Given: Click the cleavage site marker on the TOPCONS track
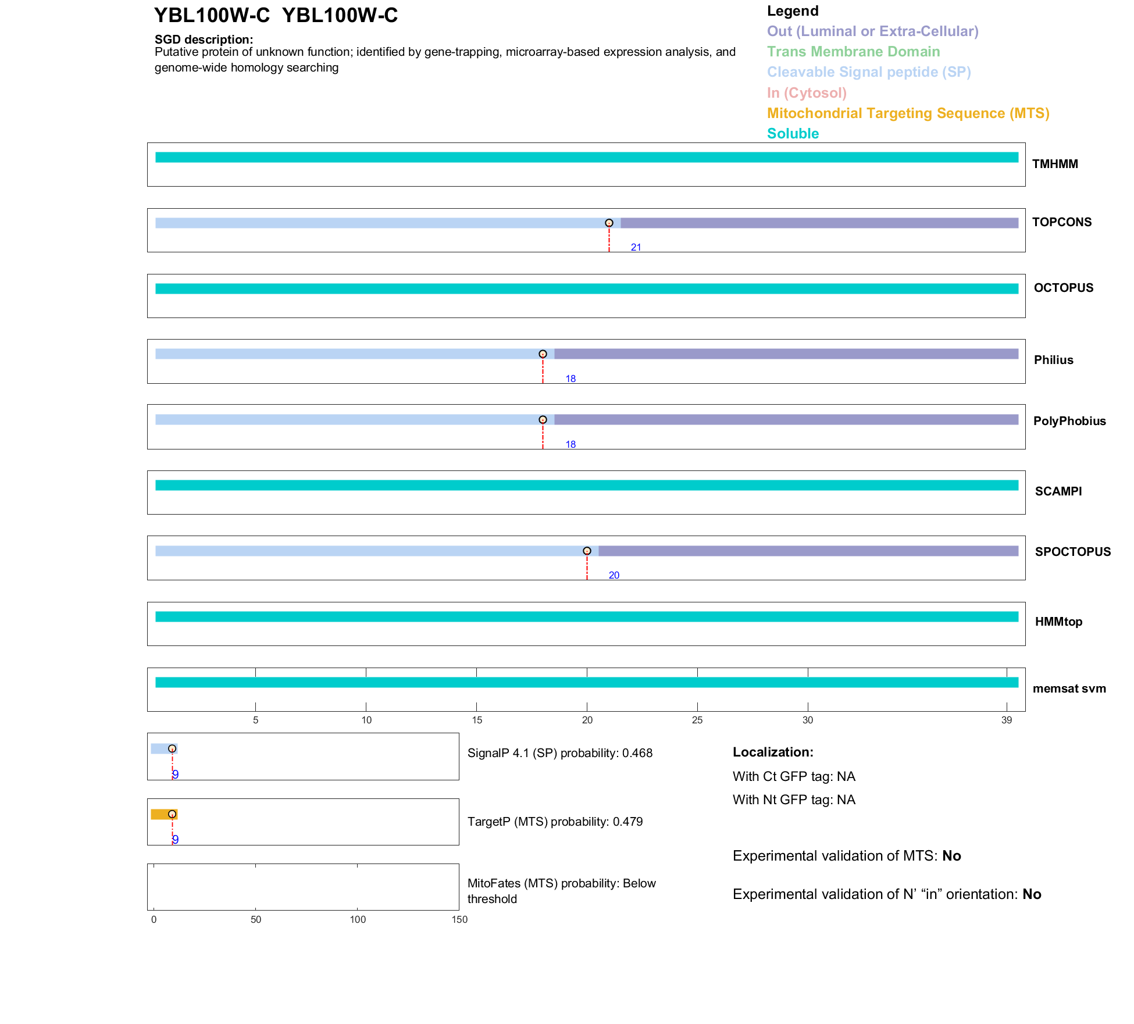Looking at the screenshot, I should [609, 223].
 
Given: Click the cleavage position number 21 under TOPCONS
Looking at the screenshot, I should [636, 248].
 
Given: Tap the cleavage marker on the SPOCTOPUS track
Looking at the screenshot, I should [587, 551].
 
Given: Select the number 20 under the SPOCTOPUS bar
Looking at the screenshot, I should [614, 576].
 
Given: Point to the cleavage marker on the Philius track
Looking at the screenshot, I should [543, 354].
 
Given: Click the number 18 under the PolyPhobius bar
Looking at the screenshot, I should [570, 445].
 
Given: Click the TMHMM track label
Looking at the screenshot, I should [1055, 164].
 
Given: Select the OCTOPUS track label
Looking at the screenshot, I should [1063, 288].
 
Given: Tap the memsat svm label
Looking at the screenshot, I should [1069, 688].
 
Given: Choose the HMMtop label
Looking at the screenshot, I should [1058, 622].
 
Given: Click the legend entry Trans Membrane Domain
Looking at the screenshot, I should [853, 52].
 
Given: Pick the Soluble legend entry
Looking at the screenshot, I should [793, 134].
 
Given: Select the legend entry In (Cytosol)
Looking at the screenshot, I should [807, 93].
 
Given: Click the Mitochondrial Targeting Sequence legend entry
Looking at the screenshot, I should [908, 113].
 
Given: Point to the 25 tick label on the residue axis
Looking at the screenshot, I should [697, 720].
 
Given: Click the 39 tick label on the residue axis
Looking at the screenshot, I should [1007, 720].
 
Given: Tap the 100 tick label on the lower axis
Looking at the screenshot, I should [358, 920].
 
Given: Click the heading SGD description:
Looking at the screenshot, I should [204, 40].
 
